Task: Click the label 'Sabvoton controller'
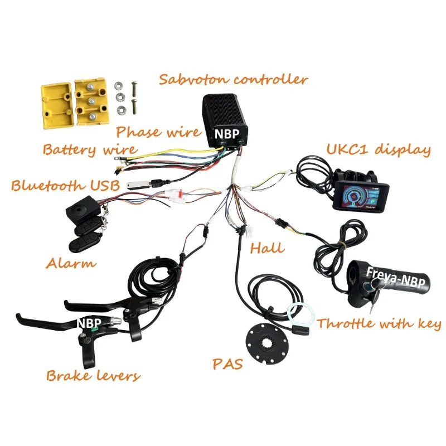pyautogui.click(x=233, y=80)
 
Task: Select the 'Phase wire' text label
pyautogui.click(x=158, y=132)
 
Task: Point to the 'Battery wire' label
pyautogui.click(x=90, y=150)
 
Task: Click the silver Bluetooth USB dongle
pyautogui.click(x=138, y=185)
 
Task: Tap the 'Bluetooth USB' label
pyautogui.click(x=65, y=186)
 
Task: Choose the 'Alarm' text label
pyautogui.click(x=71, y=263)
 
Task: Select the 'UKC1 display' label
pyautogui.click(x=379, y=149)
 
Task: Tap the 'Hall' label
pyautogui.click(x=267, y=248)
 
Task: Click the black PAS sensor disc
pyautogui.click(x=268, y=343)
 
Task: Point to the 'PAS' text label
pyautogui.click(x=227, y=365)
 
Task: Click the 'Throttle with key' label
pyautogui.click(x=379, y=324)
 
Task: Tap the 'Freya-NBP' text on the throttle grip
pyautogui.click(x=396, y=277)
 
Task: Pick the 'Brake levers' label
pyautogui.click(x=93, y=376)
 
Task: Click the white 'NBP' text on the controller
pyautogui.click(x=227, y=134)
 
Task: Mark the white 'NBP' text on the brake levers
pyautogui.click(x=89, y=323)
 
